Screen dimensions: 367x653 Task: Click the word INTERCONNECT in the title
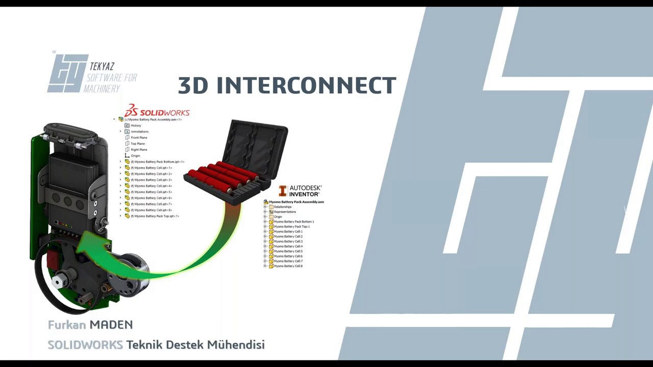pos(306,86)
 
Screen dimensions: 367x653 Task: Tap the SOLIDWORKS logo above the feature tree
pos(157,112)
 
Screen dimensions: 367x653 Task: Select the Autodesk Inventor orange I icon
pos(283,191)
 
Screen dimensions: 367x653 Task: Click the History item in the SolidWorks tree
pos(136,125)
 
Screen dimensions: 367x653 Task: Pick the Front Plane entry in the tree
pos(139,138)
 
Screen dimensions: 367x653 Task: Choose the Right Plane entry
pos(139,150)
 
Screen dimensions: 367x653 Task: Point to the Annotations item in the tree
pos(139,132)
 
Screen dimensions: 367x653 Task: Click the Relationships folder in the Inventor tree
pos(283,207)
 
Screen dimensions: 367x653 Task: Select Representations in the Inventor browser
pos(285,212)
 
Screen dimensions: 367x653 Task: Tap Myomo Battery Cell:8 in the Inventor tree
pos(288,266)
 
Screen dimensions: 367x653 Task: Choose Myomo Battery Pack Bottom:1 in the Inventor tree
pos(294,222)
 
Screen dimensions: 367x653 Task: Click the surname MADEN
pos(111,325)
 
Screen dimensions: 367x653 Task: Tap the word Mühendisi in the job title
pos(236,345)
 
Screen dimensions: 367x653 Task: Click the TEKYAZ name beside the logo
pos(102,67)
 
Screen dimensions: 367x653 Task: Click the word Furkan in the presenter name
pos(67,325)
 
